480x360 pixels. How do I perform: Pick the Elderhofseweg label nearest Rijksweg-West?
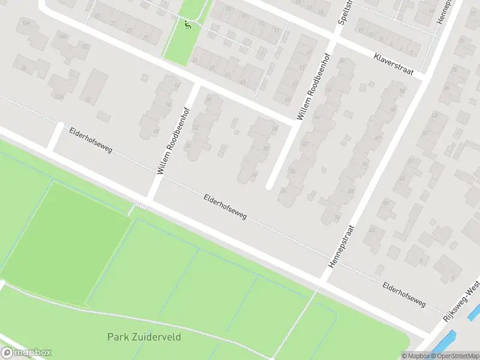pyautogui.click(x=404, y=295)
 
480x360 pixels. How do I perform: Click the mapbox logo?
pyautogui.click(x=26, y=353)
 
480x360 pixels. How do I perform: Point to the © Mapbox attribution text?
pyautogui.click(x=416, y=356)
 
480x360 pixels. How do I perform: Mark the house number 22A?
pyautogui.click(x=58, y=97)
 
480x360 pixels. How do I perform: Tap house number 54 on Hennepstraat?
pyautogui.click(x=401, y=90)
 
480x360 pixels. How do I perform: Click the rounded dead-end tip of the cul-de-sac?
pyautogui.click(x=270, y=185)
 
